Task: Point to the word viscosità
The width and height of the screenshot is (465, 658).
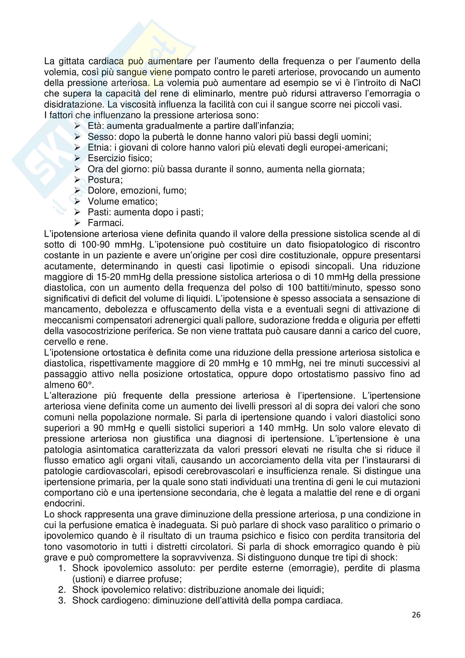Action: pos(138,105)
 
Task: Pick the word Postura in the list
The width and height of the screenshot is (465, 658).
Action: pos(104,180)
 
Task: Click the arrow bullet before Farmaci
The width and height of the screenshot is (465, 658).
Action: pos(77,223)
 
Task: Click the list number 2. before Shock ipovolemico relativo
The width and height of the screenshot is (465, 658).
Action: pos(62,590)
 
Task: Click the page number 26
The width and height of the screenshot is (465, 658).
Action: pos(416,615)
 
